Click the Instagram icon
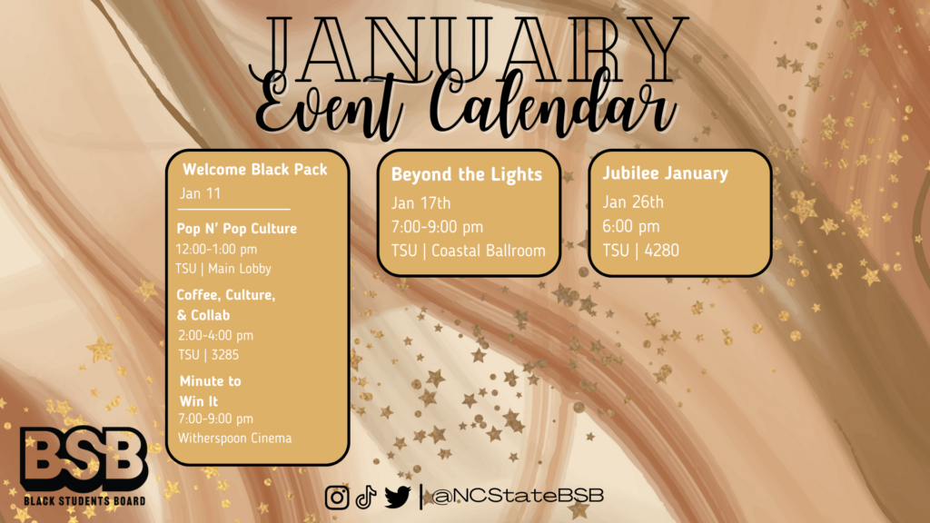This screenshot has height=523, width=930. (337, 497)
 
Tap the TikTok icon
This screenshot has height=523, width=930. (366, 497)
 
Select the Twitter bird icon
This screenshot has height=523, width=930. (398, 497)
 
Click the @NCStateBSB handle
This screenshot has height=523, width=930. (518, 496)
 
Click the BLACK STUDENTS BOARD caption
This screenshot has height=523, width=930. (84, 501)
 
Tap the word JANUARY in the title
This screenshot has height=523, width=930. (469, 51)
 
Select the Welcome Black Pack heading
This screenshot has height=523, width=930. (255, 170)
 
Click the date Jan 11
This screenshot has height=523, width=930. (201, 193)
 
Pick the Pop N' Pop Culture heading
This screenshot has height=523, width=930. (237, 228)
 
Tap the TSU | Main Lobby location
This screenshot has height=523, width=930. (223, 269)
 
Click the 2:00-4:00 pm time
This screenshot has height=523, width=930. (216, 336)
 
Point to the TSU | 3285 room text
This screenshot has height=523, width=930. (208, 355)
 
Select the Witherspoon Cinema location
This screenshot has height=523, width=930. (235, 439)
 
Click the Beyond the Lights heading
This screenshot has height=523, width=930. (467, 174)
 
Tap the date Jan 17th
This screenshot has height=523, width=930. (421, 203)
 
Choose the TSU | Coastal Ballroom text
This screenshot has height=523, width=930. (469, 251)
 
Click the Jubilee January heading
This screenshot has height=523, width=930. (666, 173)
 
